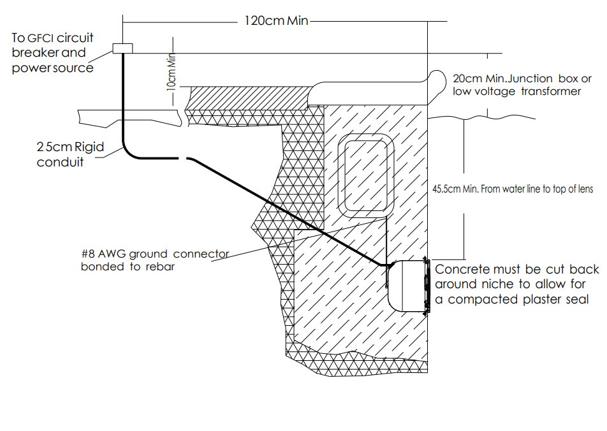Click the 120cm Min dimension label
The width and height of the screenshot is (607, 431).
276,20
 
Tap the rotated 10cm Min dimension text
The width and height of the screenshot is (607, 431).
170,73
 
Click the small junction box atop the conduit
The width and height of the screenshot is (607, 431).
122,48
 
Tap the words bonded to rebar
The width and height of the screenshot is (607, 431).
128,267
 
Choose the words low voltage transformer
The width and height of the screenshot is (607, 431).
516,92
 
